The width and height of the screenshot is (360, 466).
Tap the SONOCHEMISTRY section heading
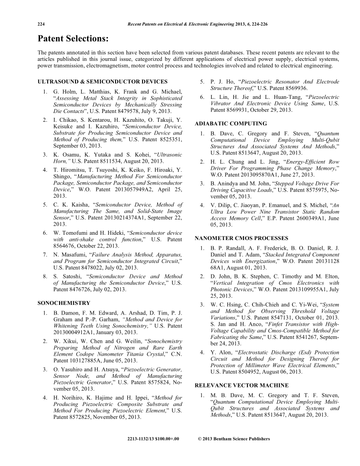tap(64, 303)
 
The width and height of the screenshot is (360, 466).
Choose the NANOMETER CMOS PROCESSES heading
tap(241, 239)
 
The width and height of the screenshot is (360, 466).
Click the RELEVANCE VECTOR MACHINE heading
tap(242, 385)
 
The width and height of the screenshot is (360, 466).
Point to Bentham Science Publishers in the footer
tap(241, 439)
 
